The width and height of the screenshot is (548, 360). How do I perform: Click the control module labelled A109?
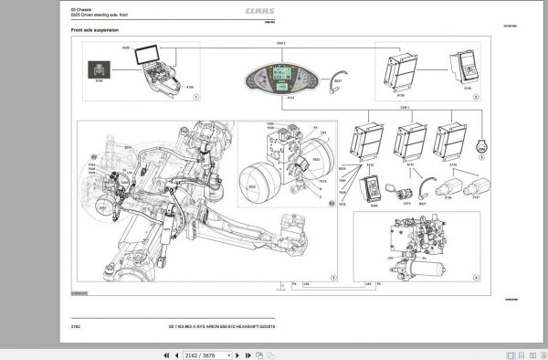coord(404,69)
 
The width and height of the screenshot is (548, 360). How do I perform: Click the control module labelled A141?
coord(410,140)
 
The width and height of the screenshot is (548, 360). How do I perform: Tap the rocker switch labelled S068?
coord(374,188)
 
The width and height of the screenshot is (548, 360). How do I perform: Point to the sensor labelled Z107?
coord(475,190)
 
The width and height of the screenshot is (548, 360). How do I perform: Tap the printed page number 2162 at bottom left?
coord(76,324)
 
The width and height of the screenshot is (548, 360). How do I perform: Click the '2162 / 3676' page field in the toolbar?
coord(211,352)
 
